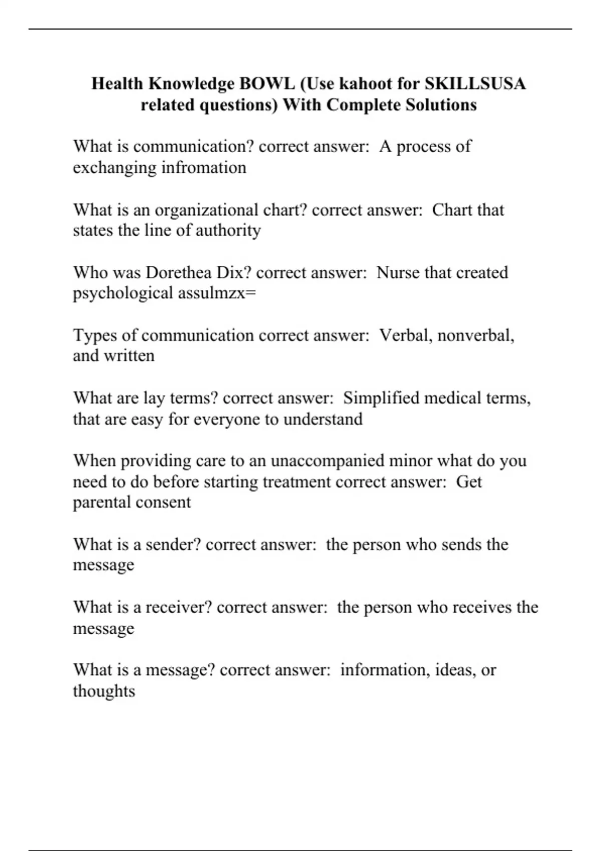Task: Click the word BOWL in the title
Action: click(267, 84)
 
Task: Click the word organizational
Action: click(206, 210)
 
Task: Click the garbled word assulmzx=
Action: click(217, 293)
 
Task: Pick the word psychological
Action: click(123, 293)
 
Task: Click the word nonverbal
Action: click(475, 335)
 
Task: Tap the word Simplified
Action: click(381, 398)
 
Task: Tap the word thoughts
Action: click(104, 691)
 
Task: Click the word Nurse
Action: click(398, 272)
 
